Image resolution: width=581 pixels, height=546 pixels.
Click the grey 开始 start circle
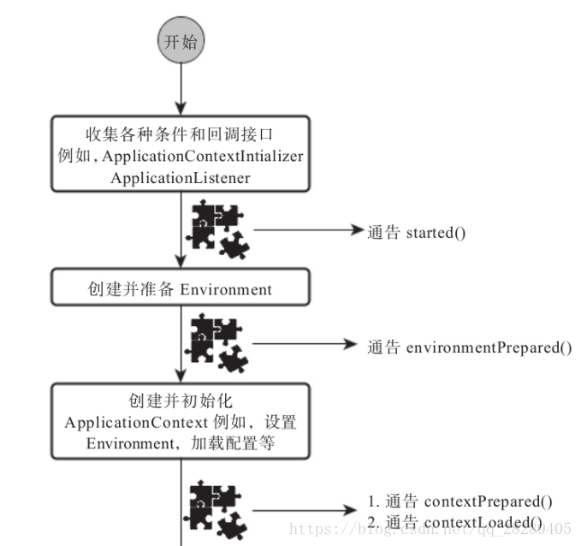[x=179, y=41]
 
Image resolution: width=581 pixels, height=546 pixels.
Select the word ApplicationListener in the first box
[x=179, y=176]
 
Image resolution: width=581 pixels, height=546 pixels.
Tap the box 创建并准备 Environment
[x=179, y=289]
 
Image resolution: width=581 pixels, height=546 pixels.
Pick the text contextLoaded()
[x=483, y=522]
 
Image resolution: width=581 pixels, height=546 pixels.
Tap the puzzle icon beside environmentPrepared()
[x=219, y=343]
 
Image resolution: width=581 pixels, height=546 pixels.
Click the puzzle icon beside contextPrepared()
[x=219, y=510]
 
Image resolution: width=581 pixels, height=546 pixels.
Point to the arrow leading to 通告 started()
[x=308, y=231]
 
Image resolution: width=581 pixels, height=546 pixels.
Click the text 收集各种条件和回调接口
[x=179, y=136]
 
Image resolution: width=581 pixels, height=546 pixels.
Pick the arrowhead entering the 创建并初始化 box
[x=179, y=377]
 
